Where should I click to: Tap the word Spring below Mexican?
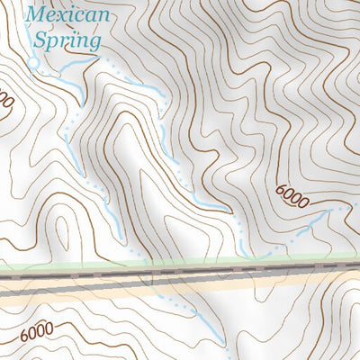tap(67, 40)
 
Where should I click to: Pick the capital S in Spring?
tap(39, 39)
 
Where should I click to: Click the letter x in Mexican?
tap(62, 16)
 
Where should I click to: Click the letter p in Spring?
tap(52, 41)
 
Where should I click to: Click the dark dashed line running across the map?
tap(180, 271)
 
